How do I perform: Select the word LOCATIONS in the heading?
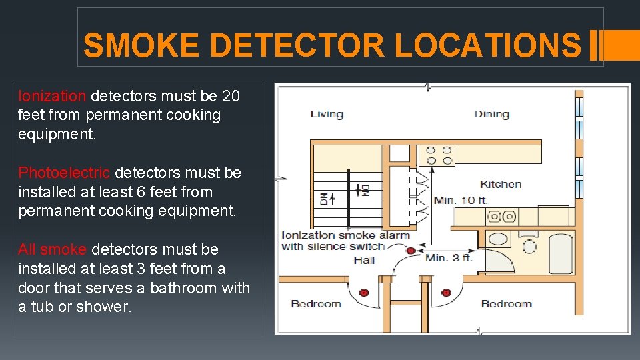(488, 46)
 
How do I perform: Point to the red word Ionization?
(52, 96)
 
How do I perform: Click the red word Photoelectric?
(64, 173)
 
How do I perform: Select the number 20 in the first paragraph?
(230, 96)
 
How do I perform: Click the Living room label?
(327, 114)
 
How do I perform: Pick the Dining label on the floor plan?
(491, 114)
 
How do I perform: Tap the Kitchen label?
(501, 184)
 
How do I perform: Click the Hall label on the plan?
(365, 261)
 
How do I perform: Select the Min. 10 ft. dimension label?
(461, 200)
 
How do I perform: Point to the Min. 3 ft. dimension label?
(449, 257)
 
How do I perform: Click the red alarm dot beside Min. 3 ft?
(411, 251)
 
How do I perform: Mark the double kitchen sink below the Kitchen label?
(501, 216)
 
